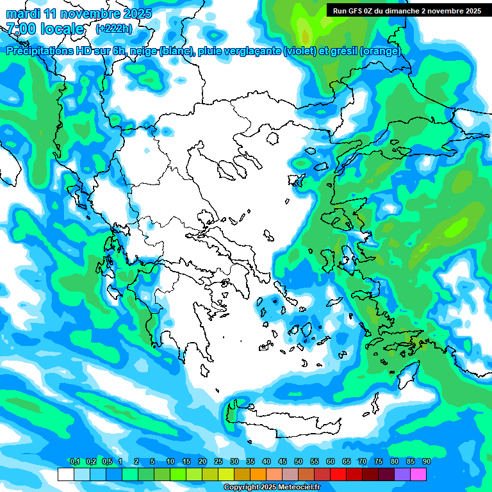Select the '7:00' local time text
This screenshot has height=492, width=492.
tap(21, 29)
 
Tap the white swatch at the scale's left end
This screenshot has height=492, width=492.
tap(65, 474)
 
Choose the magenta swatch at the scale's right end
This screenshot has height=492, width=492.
tap(418, 474)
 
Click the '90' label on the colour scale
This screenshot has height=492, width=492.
tap(426, 461)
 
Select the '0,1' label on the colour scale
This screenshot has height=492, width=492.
tap(74, 461)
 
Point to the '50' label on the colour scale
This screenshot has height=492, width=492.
tap(298, 461)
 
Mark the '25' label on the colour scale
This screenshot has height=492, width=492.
tap(218, 461)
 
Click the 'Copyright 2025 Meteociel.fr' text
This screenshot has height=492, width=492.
tap(271, 487)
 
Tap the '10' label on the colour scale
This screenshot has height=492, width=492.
tap(170, 461)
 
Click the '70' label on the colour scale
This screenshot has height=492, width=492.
tap(362, 461)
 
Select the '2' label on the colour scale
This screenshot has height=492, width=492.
tap(137, 461)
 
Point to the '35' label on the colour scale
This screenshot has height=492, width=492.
tap(250, 461)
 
